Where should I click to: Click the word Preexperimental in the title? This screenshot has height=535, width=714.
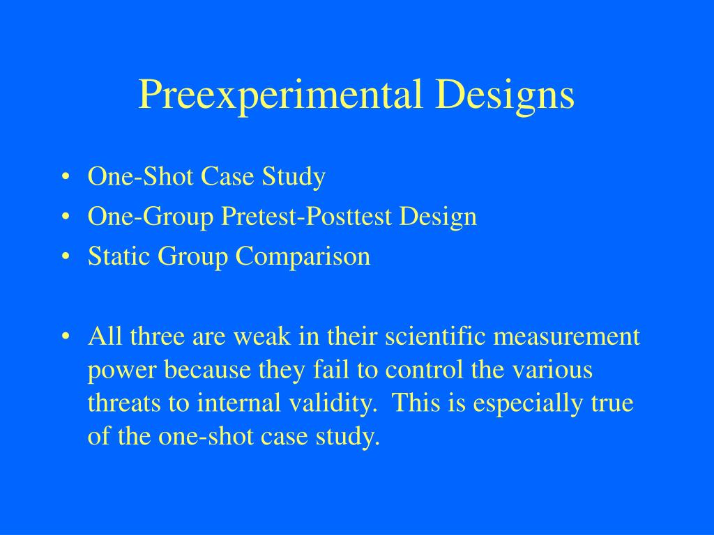pos(280,95)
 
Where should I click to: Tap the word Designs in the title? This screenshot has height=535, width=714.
pos(505,95)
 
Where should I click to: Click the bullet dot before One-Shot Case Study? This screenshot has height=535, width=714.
pos(66,176)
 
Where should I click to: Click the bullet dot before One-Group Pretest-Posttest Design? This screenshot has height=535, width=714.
pos(66,217)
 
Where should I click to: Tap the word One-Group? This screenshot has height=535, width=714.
pos(151,217)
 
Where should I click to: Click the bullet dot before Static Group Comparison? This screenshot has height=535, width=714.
pos(66,256)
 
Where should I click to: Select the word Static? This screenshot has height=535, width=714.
pos(119,256)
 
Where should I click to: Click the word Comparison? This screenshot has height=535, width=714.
pos(303,256)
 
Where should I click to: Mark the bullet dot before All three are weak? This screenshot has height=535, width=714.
pos(66,336)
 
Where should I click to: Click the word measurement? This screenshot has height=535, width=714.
pos(566,337)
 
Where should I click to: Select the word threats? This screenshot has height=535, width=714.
pos(124,403)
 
